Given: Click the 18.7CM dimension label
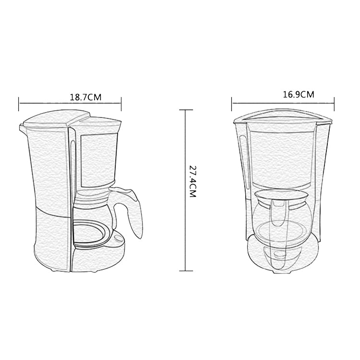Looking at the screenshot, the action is (x=85, y=97).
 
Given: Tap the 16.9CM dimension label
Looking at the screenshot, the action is (x=298, y=95).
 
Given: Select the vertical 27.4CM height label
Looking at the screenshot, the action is (x=192, y=181).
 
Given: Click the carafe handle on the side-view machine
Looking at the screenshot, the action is (x=132, y=211).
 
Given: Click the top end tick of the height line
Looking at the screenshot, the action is (x=185, y=110).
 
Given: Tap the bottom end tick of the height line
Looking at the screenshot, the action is (x=185, y=271).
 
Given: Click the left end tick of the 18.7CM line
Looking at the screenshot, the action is (x=19, y=104).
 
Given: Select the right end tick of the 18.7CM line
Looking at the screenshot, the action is (x=121, y=104).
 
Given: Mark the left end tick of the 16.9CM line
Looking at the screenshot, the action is (x=232, y=104).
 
